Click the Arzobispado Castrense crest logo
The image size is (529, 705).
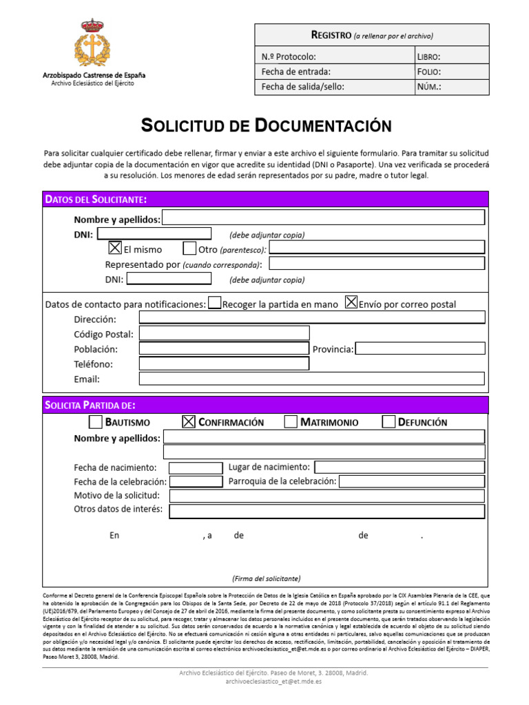[x=92, y=43]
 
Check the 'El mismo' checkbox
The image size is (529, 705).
[x=115, y=249]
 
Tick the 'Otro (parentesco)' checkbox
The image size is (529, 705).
[x=189, y=249]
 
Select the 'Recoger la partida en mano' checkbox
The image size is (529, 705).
[x=214, y=303]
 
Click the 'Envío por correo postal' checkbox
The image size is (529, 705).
[x=351, y=302]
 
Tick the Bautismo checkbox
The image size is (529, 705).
[x=96, y=421]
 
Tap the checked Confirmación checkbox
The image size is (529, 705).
[x=189, y=421]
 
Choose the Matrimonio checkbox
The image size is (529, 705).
[x=291, y=421]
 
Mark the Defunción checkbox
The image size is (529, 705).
[x=388, y=421]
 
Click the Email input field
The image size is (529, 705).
[x=311, y=379]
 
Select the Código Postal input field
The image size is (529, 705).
[x=224, y=334]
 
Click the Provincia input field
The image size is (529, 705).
[x=419, y=348]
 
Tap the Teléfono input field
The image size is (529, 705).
[x=224, y=364]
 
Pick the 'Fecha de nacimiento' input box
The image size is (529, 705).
[x=196, y=467]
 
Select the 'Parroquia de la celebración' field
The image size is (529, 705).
[x=411, y=481]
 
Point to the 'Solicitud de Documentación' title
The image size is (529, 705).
[x=266, y=126]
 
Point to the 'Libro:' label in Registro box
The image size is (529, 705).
[x=429, y=56]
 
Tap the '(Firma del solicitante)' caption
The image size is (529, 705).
[x=266, y=578]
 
